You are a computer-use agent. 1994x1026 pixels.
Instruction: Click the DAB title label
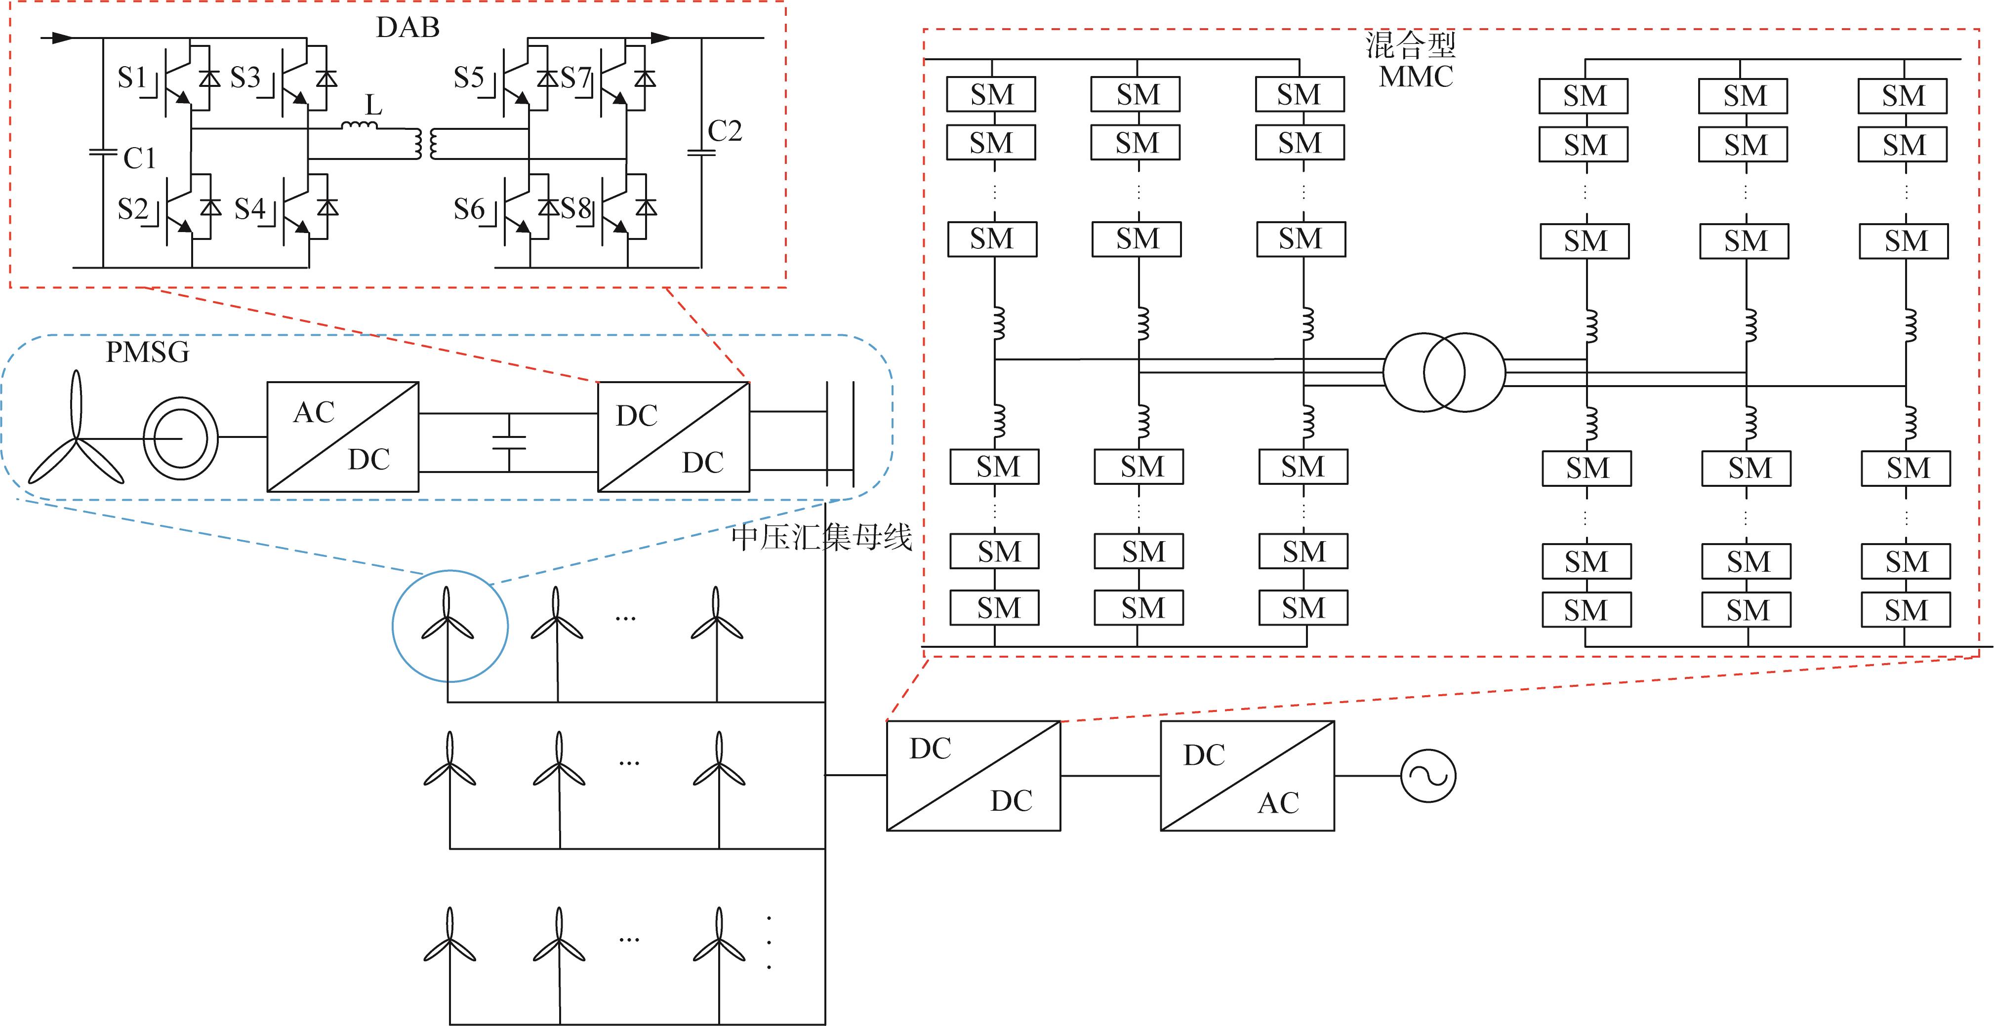[408, 28]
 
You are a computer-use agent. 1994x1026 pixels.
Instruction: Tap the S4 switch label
[249, 209]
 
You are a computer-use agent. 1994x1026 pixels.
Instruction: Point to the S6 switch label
[468, 209]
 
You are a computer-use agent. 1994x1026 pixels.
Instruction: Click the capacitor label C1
[140, 158]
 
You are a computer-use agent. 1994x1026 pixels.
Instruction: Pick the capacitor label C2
[725, 131]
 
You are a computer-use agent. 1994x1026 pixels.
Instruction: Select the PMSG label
[147, 352]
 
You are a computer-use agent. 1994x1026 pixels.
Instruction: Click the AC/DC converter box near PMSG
[343, 436]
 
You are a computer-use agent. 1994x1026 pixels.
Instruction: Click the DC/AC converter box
[1248, 776]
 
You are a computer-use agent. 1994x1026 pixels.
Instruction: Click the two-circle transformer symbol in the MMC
[1444, 372]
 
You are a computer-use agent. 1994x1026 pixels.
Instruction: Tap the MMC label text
[1417, 77]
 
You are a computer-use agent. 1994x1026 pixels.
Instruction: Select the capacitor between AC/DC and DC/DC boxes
[509, 442]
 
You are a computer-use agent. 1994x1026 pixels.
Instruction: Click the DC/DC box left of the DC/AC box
[974, 776]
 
